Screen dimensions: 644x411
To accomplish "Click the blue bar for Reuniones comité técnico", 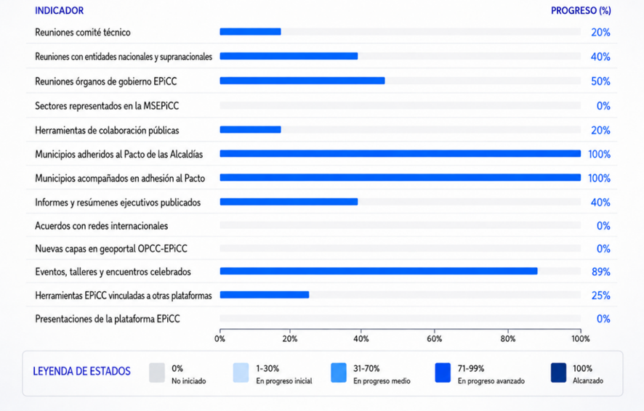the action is pyautogui.click(x=250, y=31).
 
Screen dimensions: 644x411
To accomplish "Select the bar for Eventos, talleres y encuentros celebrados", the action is pyautogui.click(x=379, y=271).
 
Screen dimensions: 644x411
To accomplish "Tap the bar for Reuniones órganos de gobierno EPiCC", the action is pyautogui.click(x=302, y=81).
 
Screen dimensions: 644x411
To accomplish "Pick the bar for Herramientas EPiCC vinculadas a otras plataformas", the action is pyautogui.click(x=264, y=295).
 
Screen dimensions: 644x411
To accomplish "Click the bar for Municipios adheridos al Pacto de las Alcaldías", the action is pyautogui.click(x=401, y=154).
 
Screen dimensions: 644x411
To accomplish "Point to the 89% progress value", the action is pyautogui.click(x=601, y=272).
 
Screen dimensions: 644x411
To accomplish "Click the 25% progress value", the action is pyautogui.click(x=601, y=296).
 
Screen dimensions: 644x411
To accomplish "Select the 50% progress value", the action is pyautogui.click(x=600, y=81).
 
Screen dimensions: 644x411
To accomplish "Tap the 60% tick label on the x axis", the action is pyautogui.click(x=434, y=339).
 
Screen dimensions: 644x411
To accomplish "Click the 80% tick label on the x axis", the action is pyautogui.click(x=507, y=339).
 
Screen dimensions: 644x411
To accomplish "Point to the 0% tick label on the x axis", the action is pyautogui.click(x=220, y=339).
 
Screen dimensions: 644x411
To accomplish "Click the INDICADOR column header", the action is pyautogui.click(x=59, y=11).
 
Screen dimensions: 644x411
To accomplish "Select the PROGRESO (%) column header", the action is pyautogui.click(x=581, y=11).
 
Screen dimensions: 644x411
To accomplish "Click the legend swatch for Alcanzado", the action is pyautogui.click(x=558, y=373).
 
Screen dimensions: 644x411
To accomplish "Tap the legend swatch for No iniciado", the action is pyautogui.click(x=157, y=373).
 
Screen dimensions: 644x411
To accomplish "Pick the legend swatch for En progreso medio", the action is pyautogui.click(x=339, y=373).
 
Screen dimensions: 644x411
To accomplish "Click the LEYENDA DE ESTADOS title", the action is pyautogui.click(x=81, y=372).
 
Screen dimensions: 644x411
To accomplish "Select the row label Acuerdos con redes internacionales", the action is pyautogui.click(x=102, y=226).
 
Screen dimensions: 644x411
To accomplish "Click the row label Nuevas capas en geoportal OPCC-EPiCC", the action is pyautogui.click(x=111, y=248).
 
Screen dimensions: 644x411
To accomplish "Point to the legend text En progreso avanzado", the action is pyautogui.click(x=491, y=381).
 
